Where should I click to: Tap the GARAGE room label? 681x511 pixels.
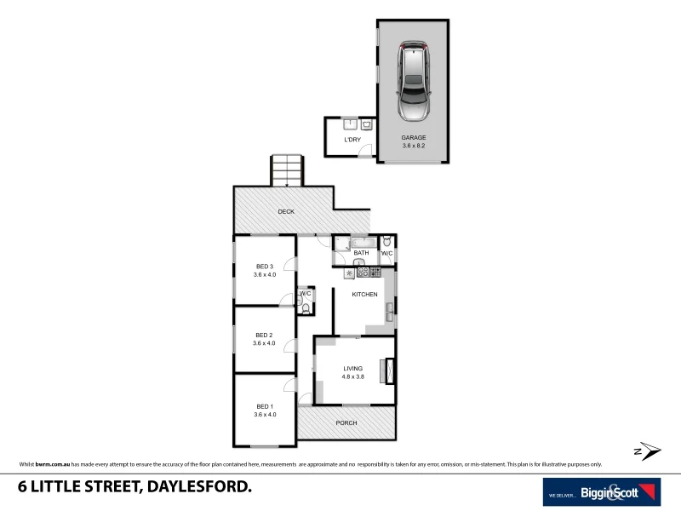(414, 137)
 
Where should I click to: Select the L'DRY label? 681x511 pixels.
(352, 139)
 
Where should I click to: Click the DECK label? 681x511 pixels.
(286, 211)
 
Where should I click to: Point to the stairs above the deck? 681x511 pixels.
(288, 169)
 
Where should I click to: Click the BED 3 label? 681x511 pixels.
(265, 267)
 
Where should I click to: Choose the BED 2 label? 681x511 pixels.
(265, 335)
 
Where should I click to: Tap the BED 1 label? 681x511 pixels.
(265, 406)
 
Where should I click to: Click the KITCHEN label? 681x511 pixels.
(365, 295)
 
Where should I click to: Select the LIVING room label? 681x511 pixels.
(353, 368)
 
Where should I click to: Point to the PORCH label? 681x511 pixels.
(346, 423)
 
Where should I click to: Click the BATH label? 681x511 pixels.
(361, 253)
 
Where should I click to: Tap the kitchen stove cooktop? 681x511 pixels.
(369, 273)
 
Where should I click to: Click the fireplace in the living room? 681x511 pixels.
(390, 370)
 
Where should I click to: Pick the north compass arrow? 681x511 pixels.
(649, 451)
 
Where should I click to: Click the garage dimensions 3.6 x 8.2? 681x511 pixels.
(414, 146)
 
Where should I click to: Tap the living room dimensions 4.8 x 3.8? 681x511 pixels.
(353, 376)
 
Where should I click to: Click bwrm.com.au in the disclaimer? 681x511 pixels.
(50, 464)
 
